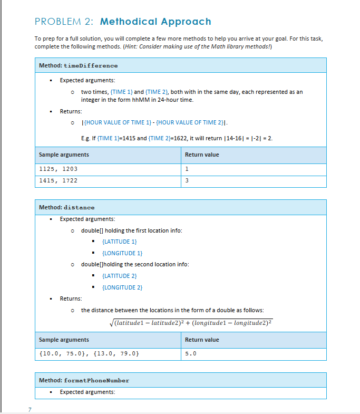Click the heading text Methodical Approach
155,22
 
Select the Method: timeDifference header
79,65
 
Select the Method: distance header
67,207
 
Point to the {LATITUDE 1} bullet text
119,242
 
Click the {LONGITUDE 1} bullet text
122,253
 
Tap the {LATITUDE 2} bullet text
119,276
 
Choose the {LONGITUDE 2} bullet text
122,287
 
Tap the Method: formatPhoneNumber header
84,380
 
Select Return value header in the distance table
202,340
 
